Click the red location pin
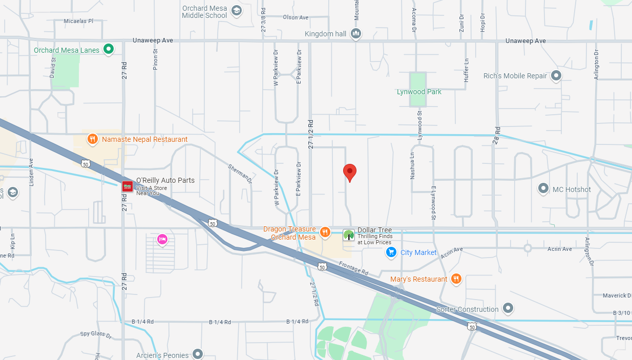(349, 172)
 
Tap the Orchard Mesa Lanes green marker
(109, 49)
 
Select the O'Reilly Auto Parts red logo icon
(127, 186)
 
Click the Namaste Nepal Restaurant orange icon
(92, 139)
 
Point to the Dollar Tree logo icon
(349, 235)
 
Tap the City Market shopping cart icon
(391, 252)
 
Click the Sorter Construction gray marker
(508, 309)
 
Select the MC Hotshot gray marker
(543, 189)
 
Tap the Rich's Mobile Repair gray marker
(556, 76)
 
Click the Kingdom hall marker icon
(356, 34)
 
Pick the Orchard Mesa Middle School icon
(236, 11)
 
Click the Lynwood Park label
(419, 92)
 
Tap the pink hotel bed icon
(162, 239)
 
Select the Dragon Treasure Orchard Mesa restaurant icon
(325, 232)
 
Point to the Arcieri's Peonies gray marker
(198, 354)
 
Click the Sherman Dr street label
(240, 174)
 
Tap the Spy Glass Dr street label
(96, 335)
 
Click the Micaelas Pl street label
(78, 21)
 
